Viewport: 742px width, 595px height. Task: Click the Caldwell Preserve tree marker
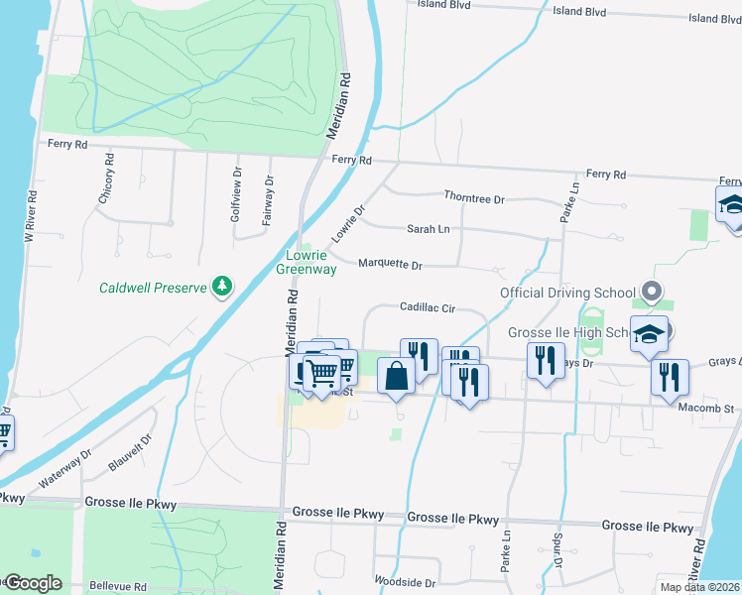coord(224,288)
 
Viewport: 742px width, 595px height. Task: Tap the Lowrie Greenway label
coord(306,262)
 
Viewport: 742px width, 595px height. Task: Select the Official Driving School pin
coord(652,293)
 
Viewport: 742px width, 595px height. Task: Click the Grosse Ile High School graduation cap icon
coord(649,335)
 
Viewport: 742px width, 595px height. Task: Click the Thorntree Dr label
coord(474,198)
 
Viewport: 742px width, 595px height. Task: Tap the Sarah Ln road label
coord(429,229)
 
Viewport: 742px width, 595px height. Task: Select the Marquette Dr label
coord(390,266)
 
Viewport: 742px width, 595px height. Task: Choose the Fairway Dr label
coord(268,201)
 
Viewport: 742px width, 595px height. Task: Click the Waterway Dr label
coord(65,468)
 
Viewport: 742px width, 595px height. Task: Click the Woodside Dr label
coord(404,583)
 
